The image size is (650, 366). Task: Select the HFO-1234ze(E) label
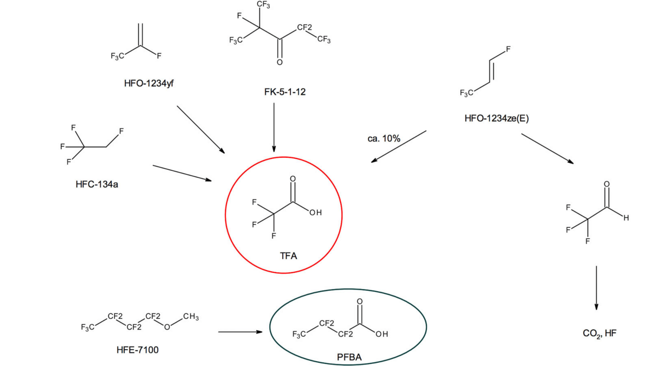coord(496,119)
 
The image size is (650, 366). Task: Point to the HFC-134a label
coord(96,184)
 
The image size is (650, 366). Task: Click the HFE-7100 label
coord(138,350)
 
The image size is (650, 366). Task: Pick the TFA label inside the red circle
coord(288,256)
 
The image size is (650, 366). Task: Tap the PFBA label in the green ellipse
coord(349,358)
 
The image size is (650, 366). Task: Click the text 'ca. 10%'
coord(383,139)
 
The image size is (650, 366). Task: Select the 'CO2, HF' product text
coord(599,333)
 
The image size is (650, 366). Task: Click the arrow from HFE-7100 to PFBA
coord(240,332)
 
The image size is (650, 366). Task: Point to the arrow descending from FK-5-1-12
coord(274,127)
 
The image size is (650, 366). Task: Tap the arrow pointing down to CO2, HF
coord(596,287)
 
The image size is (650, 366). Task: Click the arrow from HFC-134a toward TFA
coord(182,172)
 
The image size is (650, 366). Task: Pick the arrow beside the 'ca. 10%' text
coord(399,146)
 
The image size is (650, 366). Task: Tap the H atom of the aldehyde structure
coord(626,219)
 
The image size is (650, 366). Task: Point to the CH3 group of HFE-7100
coord(190,317)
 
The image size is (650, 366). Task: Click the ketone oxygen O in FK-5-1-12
coord(279,63)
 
